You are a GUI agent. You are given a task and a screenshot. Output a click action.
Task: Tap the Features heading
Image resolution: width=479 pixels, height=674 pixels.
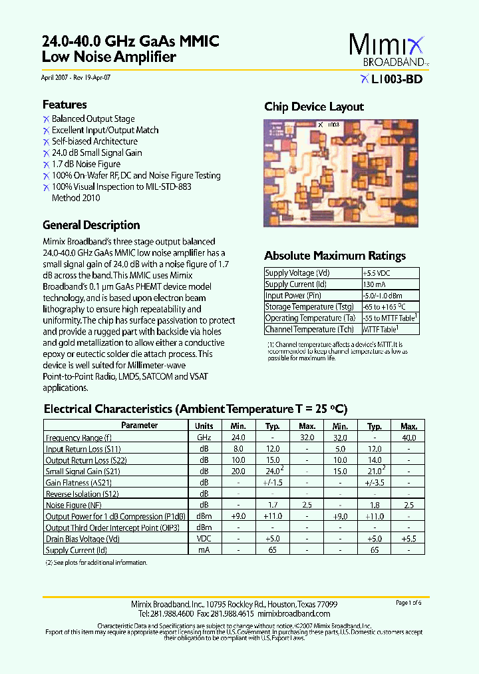[65, 105]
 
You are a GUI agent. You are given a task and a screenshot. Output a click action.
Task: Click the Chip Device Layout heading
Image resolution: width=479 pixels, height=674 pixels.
[314, 107]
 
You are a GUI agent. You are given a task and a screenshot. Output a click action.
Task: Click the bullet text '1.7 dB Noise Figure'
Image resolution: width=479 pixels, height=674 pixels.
[86, 165]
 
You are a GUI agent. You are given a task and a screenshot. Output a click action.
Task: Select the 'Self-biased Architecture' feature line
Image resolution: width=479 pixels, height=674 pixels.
[94, 142]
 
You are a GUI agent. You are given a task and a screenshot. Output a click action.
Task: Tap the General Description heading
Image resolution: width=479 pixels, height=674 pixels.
[91, 225]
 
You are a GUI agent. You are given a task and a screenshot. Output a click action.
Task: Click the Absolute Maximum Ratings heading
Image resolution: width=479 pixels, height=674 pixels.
[335, 256]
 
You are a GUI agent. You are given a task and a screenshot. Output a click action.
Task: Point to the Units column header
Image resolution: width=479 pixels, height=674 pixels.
[204, 426]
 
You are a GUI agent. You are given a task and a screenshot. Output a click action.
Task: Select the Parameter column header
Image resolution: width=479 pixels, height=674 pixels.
[140, 426]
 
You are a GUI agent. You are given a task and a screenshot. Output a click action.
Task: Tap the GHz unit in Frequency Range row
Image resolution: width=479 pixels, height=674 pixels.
[204, 438]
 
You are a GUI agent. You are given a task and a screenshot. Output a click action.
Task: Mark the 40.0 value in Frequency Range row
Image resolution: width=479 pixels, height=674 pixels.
[409, 438]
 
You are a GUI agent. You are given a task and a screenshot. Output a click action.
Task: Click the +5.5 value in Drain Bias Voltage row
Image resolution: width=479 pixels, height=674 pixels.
[409, 539]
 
